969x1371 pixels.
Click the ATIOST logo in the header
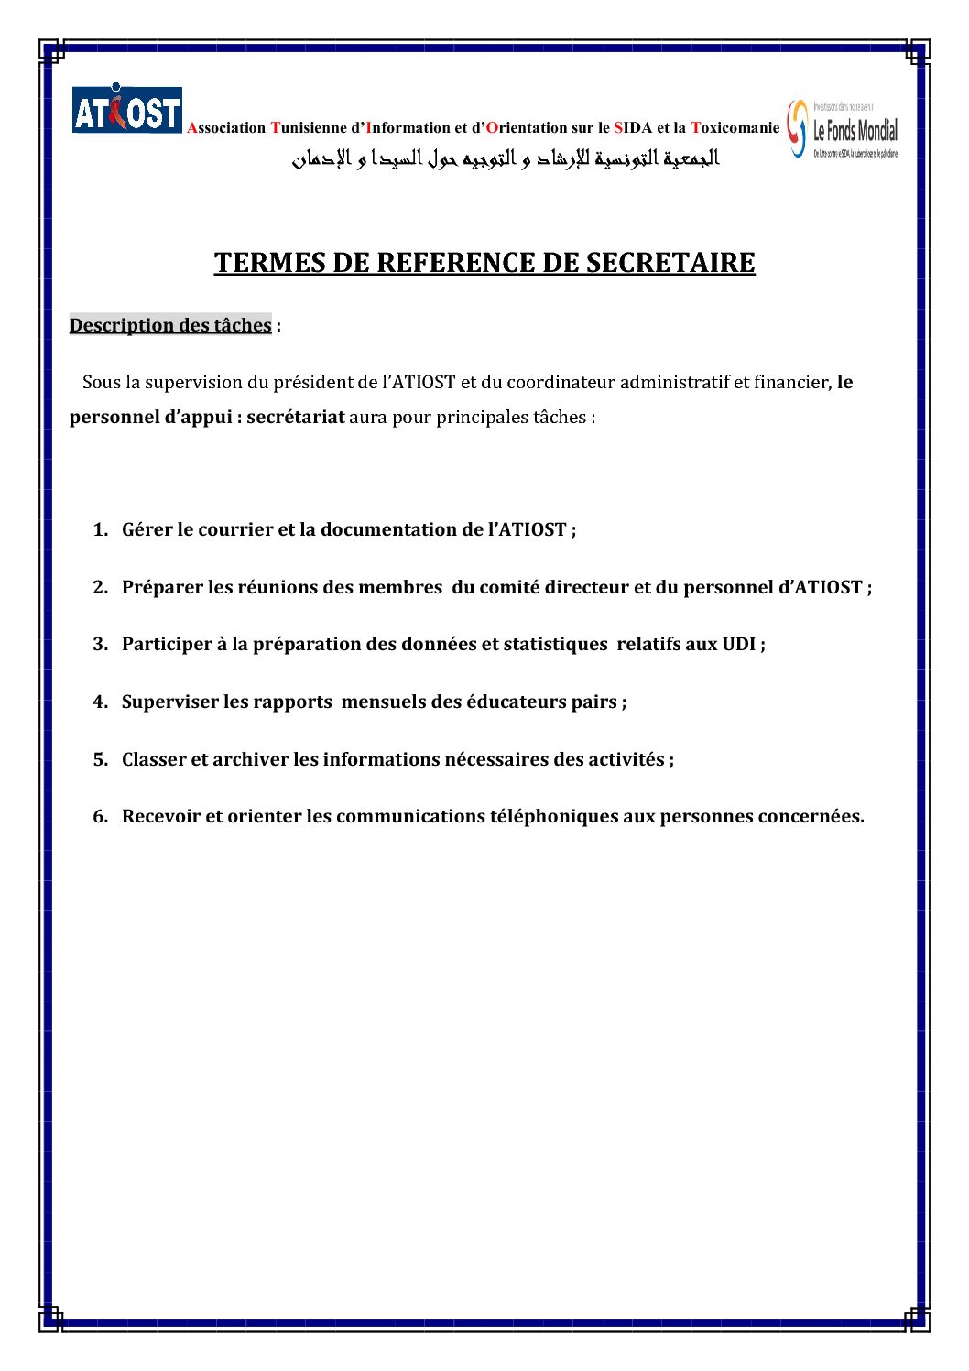point(127,110)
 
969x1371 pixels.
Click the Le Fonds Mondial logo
point(844,129)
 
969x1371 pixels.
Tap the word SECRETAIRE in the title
point(670,263)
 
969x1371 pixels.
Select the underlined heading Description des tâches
point(170,325)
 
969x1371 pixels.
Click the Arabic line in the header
point(506,158)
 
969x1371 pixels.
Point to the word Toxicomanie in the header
point(735,128)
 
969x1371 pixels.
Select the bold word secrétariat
point(296,418)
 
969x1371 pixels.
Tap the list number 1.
point(100,530)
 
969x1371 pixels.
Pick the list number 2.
point(100,588)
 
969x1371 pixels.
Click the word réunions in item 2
point(278,588)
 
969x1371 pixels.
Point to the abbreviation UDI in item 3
point(738,645)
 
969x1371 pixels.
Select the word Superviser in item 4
point(170,702)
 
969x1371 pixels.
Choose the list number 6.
point(100,817)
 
